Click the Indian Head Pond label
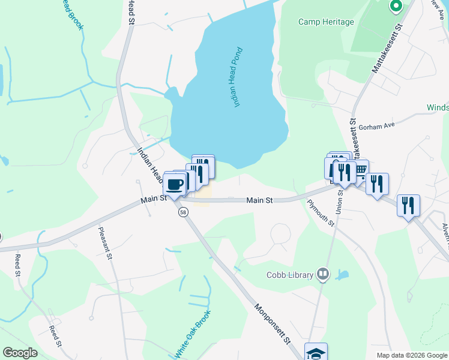237,77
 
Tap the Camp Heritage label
326,22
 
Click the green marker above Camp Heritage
396,7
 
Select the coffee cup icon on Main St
175,184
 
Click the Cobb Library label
291,275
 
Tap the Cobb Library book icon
324,275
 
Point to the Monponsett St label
272,323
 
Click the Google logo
20,353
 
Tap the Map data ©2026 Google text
412,355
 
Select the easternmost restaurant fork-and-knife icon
408,205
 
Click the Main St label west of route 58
154,199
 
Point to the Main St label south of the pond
260,200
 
